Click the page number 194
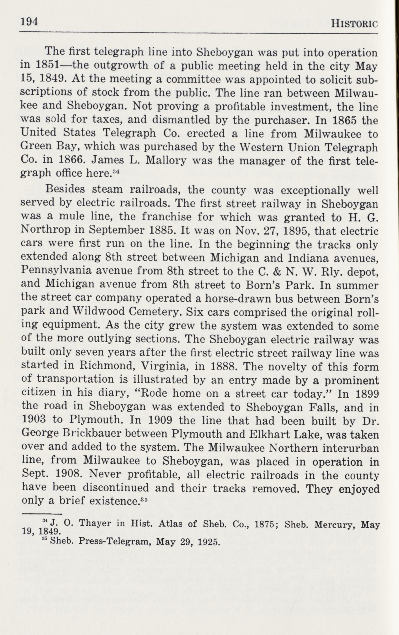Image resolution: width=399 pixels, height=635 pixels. (29, 22)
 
